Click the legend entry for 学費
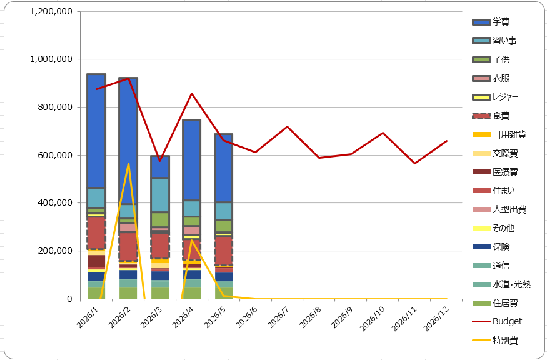(491, 22)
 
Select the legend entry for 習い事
(494, 41)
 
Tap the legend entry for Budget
(497, 321)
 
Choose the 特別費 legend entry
(495, 340)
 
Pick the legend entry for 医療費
(495, 172)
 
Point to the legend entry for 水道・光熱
(501, 284)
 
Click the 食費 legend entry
(491, 116)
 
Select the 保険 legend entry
(491, 247)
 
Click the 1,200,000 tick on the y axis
(51, 11)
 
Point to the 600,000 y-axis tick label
(55, 155)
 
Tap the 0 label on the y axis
(70, 299)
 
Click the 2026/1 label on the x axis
(88, 317)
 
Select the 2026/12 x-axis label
(436, 319)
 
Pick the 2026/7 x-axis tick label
(279, 317)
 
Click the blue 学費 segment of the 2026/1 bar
(96, 131)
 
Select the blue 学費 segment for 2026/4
(191, 160)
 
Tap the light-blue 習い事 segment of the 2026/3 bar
(160, 195)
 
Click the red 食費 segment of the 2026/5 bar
(224, 251)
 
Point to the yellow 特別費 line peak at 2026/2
(128, 163)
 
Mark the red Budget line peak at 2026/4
(191, 93)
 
